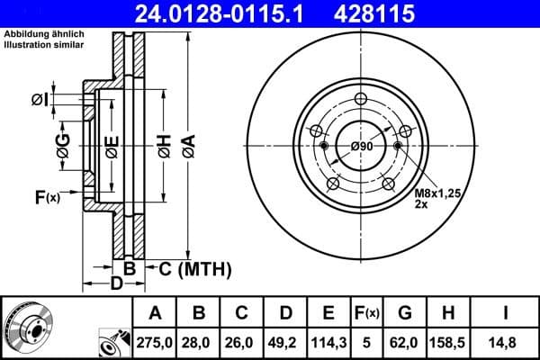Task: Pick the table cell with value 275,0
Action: pos(154,342)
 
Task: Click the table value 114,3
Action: pos(328,342)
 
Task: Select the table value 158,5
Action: pos(448,342)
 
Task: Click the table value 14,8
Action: pos(504,342)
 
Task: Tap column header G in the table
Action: pos(405,313)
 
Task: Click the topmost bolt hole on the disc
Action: pos(361,100)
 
